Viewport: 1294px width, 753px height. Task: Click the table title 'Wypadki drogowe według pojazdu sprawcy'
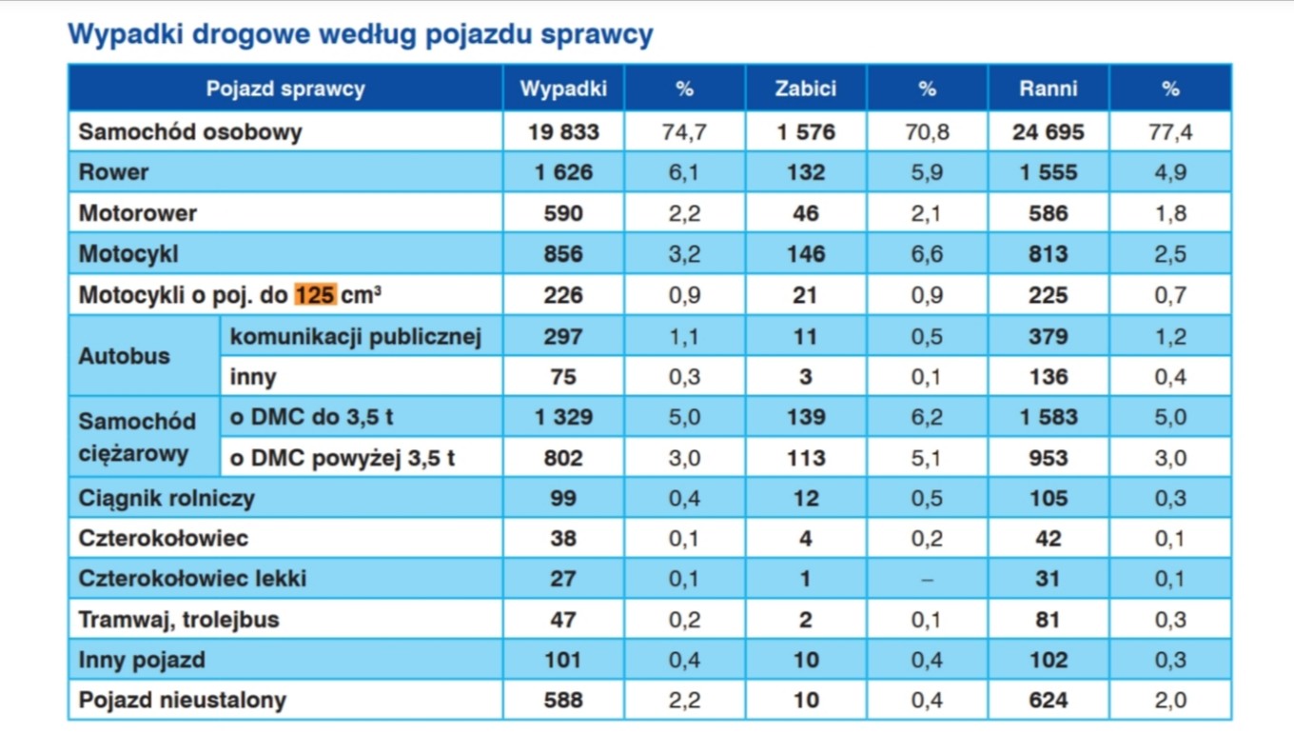(x=360, y=35)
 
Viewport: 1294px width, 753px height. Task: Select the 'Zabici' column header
(x=805, y=89)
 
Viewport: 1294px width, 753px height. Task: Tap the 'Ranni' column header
(x=1048, y=89)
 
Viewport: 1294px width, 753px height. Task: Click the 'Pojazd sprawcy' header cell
(x=285, y=89)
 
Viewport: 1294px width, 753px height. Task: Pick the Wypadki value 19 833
(x=563, y=132)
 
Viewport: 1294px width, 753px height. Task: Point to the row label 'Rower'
(x=113, y=172)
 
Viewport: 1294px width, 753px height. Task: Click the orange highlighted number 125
(x=314, y=295)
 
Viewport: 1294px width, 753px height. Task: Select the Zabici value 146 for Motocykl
(x=805, y=254)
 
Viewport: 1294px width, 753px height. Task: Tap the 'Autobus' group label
(x=124, y=356)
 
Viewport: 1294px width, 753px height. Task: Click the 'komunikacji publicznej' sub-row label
(x=356, y=336)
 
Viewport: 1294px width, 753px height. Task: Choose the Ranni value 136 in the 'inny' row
(x=1048, y=377)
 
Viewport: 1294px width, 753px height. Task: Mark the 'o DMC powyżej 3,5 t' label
(x=343, y=458)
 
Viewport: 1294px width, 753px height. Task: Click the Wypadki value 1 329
(x=563, y=417)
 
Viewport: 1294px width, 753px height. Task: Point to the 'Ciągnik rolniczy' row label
(x=167, y=498)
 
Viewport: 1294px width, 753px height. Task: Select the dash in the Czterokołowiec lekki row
(x=927, y=580)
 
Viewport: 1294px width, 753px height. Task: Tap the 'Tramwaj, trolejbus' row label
(x=179, y=620)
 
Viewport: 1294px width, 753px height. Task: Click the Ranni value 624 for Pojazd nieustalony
(x=1048, y=701)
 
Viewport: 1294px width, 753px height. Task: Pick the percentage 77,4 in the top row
(x=1169, y=132)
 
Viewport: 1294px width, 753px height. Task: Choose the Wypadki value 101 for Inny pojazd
(x=563, y=660)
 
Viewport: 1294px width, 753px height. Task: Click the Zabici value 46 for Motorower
(x=805, y=213)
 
